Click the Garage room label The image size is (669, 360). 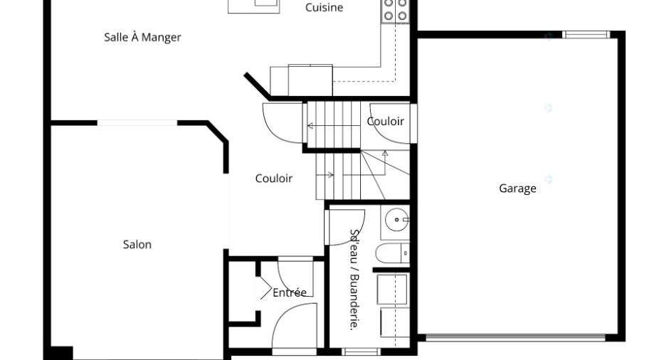tap(517, 189)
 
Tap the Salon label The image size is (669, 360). tap(137, 245)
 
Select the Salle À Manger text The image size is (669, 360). tap(142, 37)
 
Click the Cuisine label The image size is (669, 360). tap(325, 7)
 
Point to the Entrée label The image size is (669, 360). tap(289, 292)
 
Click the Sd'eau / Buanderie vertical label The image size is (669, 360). tap(354, 280)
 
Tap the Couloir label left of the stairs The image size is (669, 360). tap(274, 179)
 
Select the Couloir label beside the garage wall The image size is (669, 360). tap(385, 122)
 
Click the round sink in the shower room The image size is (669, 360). tap(397, 220)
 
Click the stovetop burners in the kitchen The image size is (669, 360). tap(395, 11)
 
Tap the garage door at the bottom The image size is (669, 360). tap(515, 338)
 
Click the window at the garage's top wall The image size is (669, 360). tap(586, 35)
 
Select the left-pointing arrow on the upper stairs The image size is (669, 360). tap(334, 126)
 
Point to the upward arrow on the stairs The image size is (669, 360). tap(385, 162)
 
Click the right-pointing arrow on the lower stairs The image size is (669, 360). tap(325, 174)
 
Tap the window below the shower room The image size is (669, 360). tap(361, 352)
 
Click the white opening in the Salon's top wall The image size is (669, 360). tap(137, 123)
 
